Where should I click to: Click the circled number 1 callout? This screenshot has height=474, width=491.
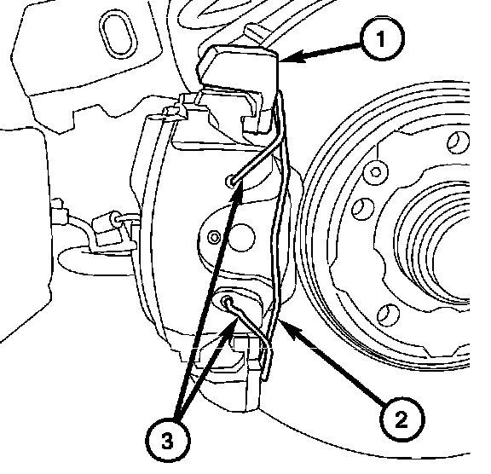coord(381,39)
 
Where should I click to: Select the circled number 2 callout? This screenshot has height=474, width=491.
coord(401,419)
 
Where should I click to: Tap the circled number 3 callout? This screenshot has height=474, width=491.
coord(168,441)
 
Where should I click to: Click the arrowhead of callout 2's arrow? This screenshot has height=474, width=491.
coord(286,329)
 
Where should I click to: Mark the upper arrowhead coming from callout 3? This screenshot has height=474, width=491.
coord(239,192)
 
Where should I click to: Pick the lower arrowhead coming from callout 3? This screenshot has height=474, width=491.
coord(233,326)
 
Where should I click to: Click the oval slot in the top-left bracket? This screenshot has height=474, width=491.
coord(118,34)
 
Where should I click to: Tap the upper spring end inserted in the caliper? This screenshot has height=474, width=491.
coord(231,181)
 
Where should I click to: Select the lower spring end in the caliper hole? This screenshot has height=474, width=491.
coord(227,302)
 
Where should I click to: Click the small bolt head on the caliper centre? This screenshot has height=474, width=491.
coord(214,237)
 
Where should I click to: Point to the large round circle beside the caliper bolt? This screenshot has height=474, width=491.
coord(241,237)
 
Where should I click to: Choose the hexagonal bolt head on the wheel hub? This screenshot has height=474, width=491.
coord(375,172)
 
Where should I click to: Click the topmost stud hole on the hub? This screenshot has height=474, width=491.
coord(458,142)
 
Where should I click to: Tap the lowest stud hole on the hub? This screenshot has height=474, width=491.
coord(388,314)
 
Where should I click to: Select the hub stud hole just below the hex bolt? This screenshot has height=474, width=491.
coord(362,208)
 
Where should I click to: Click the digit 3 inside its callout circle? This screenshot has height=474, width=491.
coord(168,442)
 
